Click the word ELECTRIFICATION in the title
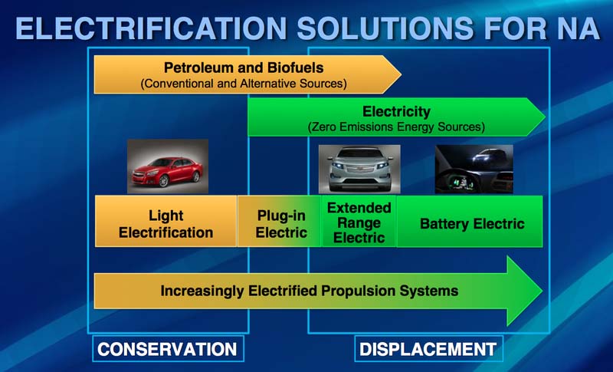[x=151, y=28]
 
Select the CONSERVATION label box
[x=168, y=348]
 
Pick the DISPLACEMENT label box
[x=428, y=348]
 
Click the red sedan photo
[x=168, y=166]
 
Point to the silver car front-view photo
[x=359, y=170]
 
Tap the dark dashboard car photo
[x=474, y=169]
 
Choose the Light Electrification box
[x=166, y=222]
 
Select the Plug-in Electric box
[x=280, y=222]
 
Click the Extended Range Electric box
[x=359, y=222]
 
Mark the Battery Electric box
[x=470, y=222]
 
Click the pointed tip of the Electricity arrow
[x=545, y=117]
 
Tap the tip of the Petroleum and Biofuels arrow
[x=401, y=74]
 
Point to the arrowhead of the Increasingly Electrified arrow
[x=542, y=291]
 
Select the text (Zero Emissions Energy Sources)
[x=396, y=127]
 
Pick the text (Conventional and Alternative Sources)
[x=244, y=84]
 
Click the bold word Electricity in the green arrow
[x=396, y=111]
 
